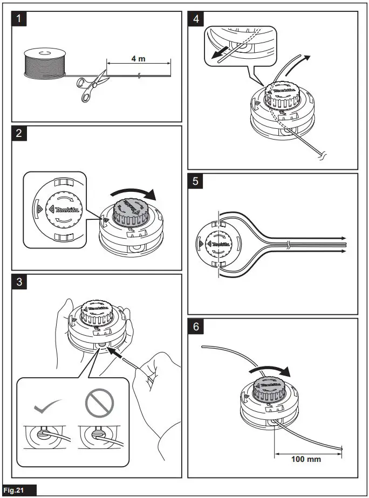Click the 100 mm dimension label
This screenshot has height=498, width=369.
click(306, 459)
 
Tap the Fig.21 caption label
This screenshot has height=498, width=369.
click(19, 490)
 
